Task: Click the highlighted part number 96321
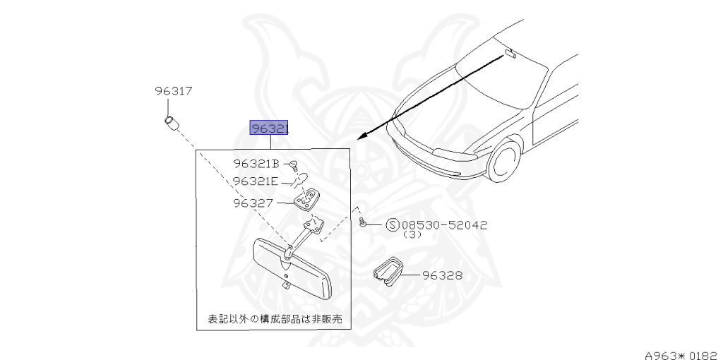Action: (x=268, y=128)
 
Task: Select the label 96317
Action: (x=174, y=91)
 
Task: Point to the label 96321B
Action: (x=257, y=164)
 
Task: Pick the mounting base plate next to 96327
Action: (x=306, y=200)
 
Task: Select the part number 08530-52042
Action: (x=444, y=225)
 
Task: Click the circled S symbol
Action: (x=393, y=225)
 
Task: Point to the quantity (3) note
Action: (x=413, y=235)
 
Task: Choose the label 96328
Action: (x=443, y=275)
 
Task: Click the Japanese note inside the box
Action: (x=275, y=319)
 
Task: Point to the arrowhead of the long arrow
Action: (x=361, y=137)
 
